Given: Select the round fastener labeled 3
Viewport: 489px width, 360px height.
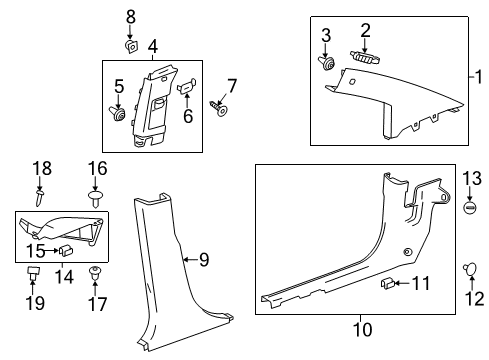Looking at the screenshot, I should point(326,64).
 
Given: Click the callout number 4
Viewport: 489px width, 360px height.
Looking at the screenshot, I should point(152,46).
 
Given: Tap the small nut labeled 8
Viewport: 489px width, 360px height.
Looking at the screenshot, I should point(130,43).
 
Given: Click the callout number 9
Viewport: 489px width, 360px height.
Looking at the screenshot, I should point(203,260).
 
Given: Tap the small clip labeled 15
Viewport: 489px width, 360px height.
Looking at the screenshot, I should point(62,250).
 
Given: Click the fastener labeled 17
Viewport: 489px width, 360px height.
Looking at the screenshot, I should point(96,271).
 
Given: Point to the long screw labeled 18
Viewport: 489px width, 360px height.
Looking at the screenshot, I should point(40,197).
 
